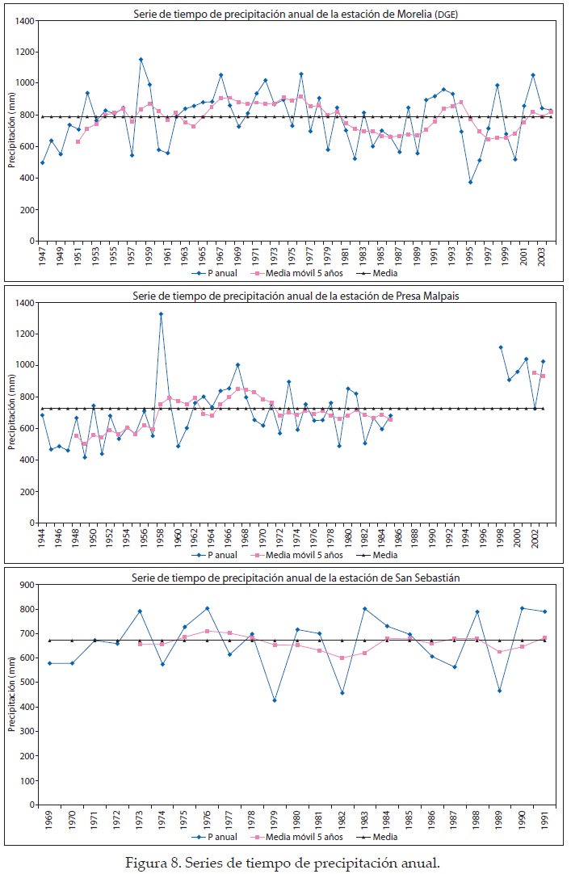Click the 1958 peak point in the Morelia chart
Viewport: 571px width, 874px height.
click(x=141, y=59)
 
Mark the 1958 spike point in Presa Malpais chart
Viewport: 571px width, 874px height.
click(x=161, y=313)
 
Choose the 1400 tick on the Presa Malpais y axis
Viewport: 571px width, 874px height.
click(x=26, y=303)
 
